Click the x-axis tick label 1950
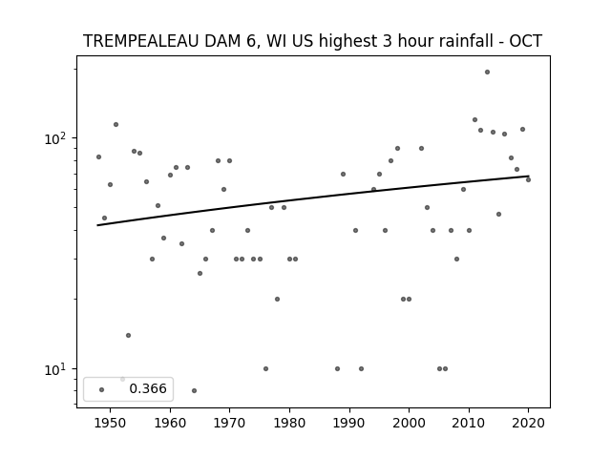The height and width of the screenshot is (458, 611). point(111,423)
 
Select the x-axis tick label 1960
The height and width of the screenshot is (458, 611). point(170,423)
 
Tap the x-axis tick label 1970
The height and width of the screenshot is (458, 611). point(229,423)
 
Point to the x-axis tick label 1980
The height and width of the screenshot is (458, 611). point(289,423)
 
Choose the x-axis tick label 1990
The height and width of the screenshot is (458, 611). point(349,423)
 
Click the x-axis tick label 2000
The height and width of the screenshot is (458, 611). point(409,423)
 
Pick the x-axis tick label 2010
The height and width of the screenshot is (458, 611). point(469,423)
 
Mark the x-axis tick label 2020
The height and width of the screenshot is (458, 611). point(528,423)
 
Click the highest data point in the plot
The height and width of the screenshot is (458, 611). point(487,73)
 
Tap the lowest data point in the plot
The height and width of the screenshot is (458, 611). point(194,390)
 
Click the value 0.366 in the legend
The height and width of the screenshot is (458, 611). point(148,388)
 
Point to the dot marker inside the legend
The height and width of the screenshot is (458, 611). point(102,389)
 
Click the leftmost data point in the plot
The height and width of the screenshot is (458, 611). point(98,156)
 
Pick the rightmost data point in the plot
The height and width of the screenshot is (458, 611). point(528,179)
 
